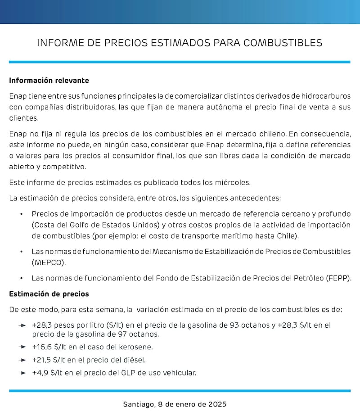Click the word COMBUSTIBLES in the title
[285, 43]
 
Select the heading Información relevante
[49, 81]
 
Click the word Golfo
[85, 224]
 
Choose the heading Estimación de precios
[49, 294]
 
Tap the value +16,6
[41, 347]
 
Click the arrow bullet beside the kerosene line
[22, 347]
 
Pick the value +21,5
[41, 360]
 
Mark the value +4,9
[40, 373]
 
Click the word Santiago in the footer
[138, 404]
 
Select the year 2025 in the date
[217, 404]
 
